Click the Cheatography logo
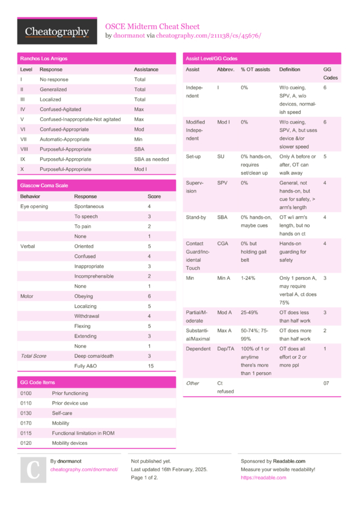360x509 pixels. click(x=57, y=32)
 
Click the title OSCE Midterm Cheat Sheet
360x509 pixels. click(x=152, y=26)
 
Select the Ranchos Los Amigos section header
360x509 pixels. click(x=44, y=59)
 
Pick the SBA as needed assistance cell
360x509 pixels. click(x=151, y=159)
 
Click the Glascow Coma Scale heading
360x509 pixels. click(x=44, y=186)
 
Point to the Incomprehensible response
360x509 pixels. click(x=94, y=276)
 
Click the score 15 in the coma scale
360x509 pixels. click(x=151, y=366)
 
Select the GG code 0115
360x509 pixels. click(x=26, y=433)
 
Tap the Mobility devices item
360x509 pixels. click(x=70, y=443)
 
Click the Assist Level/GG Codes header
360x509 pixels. click(x=211, y=59)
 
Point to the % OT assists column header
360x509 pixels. click(x=256, y=70)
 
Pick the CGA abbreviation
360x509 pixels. click(x=223, y=244)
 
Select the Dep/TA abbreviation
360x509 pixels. click(x=226, y=349)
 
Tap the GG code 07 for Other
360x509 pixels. click(x=326, y=383)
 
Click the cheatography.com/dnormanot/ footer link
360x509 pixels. click(x=84, y=469)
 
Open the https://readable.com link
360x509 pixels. click(x=263, y=478)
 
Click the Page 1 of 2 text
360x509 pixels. click(x=145, y=478)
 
